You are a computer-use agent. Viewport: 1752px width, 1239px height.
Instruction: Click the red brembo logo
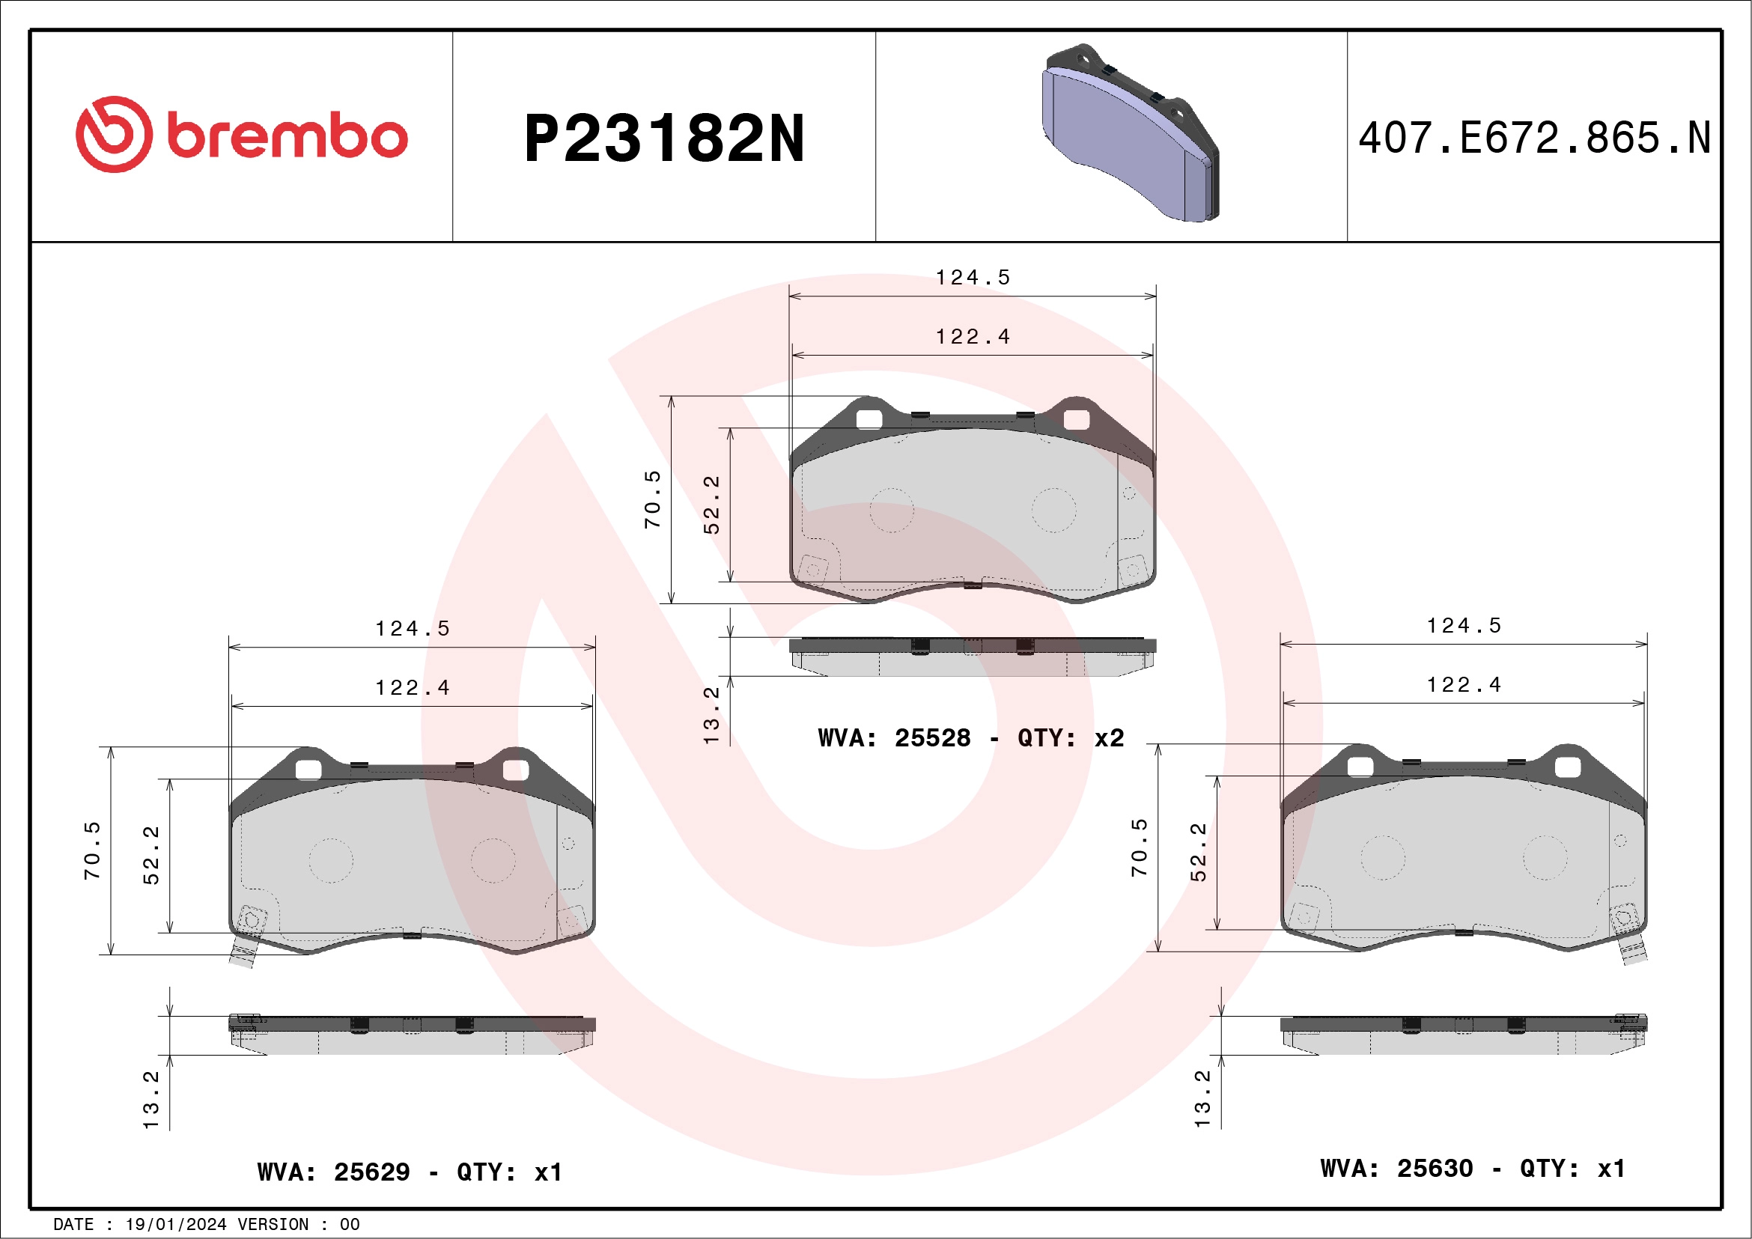point(241,135)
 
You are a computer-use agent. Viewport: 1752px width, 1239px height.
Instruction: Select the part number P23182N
point(664,138)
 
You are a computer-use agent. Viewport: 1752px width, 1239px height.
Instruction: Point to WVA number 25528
point(931,737)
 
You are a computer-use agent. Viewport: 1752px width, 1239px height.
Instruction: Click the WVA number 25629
point(371,1172)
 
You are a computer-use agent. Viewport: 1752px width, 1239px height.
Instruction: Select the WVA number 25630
point(1435,1169)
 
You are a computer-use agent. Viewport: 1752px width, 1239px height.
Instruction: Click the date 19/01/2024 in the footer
point(175,1225)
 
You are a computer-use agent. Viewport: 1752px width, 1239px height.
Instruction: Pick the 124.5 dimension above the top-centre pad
point(973,278)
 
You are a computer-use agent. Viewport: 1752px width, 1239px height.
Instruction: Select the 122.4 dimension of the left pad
point(412,688)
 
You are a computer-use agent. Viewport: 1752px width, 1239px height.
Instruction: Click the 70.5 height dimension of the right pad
point(1140,847)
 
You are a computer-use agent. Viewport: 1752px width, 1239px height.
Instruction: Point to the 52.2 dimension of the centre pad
point(711,505)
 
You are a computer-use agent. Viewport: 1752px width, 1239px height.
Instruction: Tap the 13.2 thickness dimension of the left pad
point(151,1100)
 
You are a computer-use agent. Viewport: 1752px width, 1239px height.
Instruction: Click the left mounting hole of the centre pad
point(869,419)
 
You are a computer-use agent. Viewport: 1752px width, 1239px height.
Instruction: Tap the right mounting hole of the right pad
point(1567,767)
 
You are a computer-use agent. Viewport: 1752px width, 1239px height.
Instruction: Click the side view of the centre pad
point(972,657)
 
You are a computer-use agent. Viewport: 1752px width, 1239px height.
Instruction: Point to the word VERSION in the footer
point(273,1225)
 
